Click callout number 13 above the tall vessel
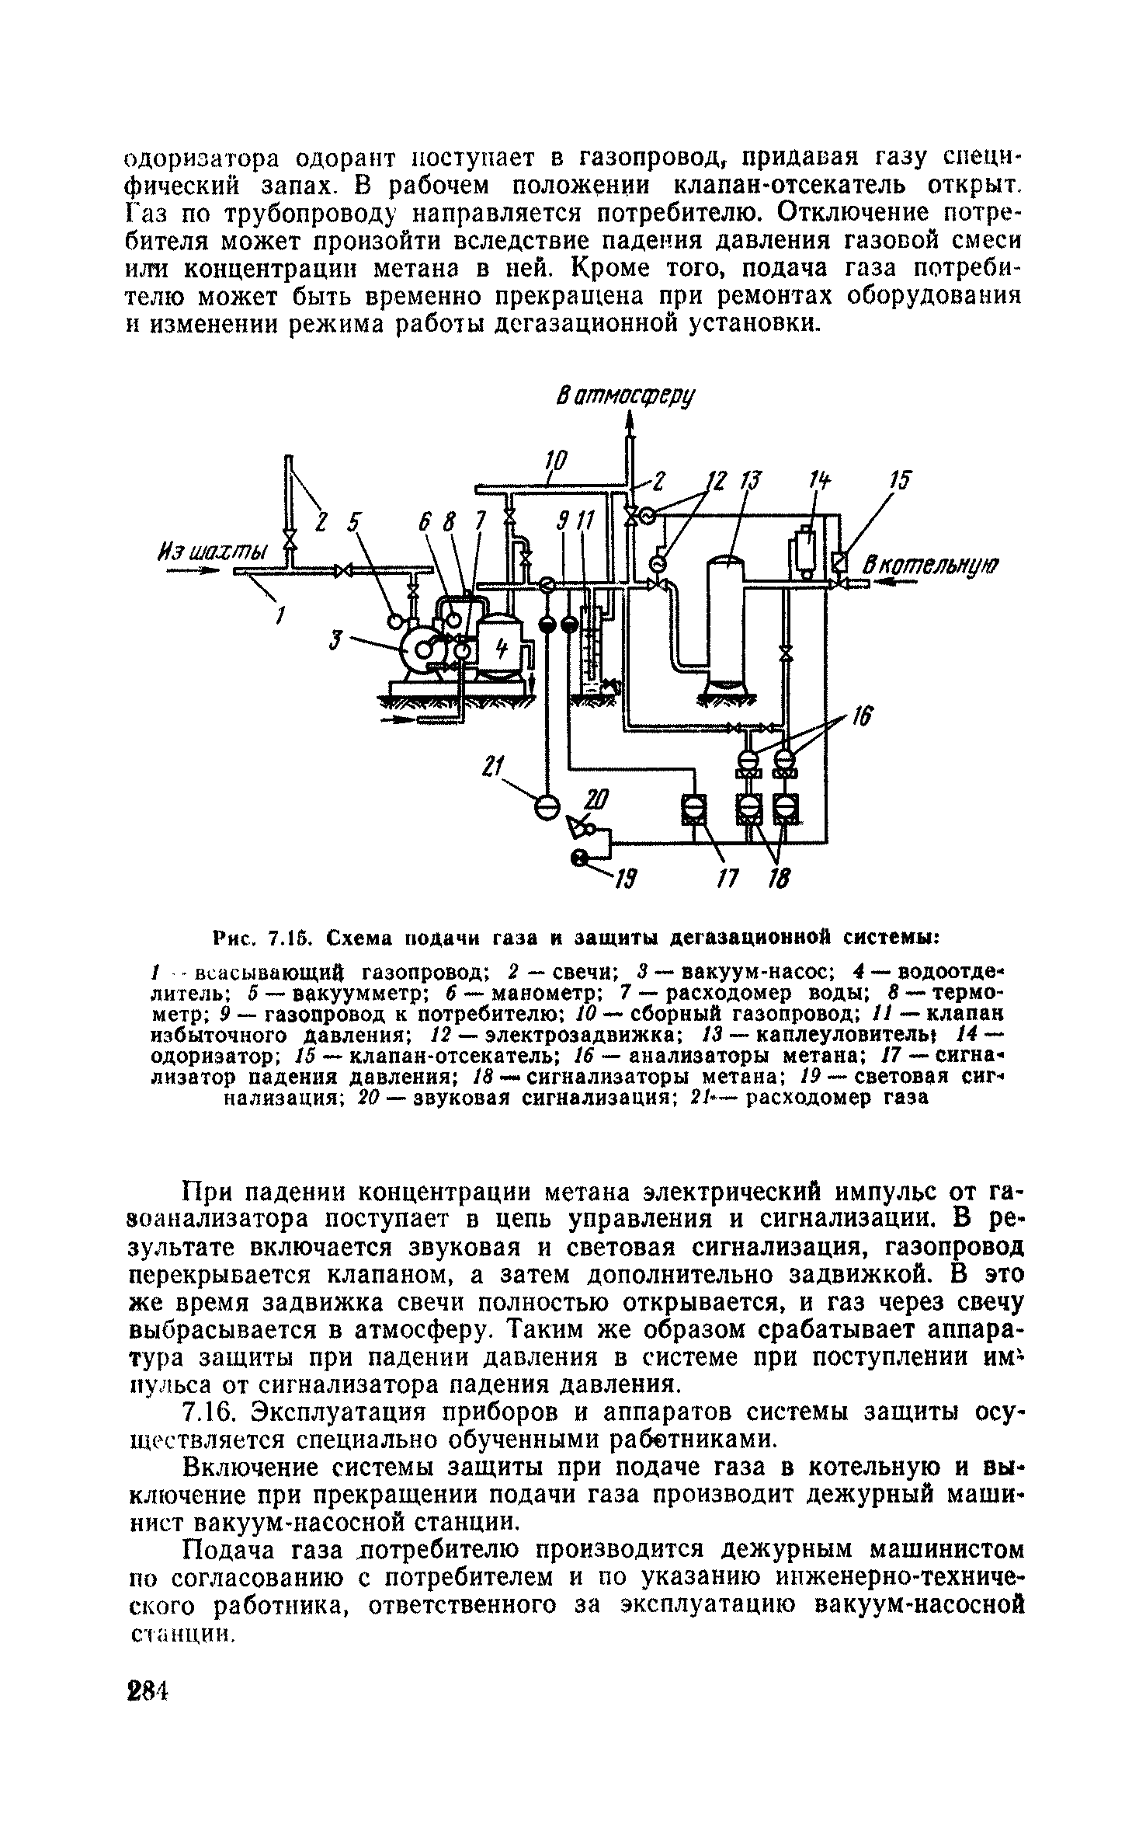(750, 482)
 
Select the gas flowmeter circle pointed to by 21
(547, 808)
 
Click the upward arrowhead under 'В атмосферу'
(630, 421)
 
